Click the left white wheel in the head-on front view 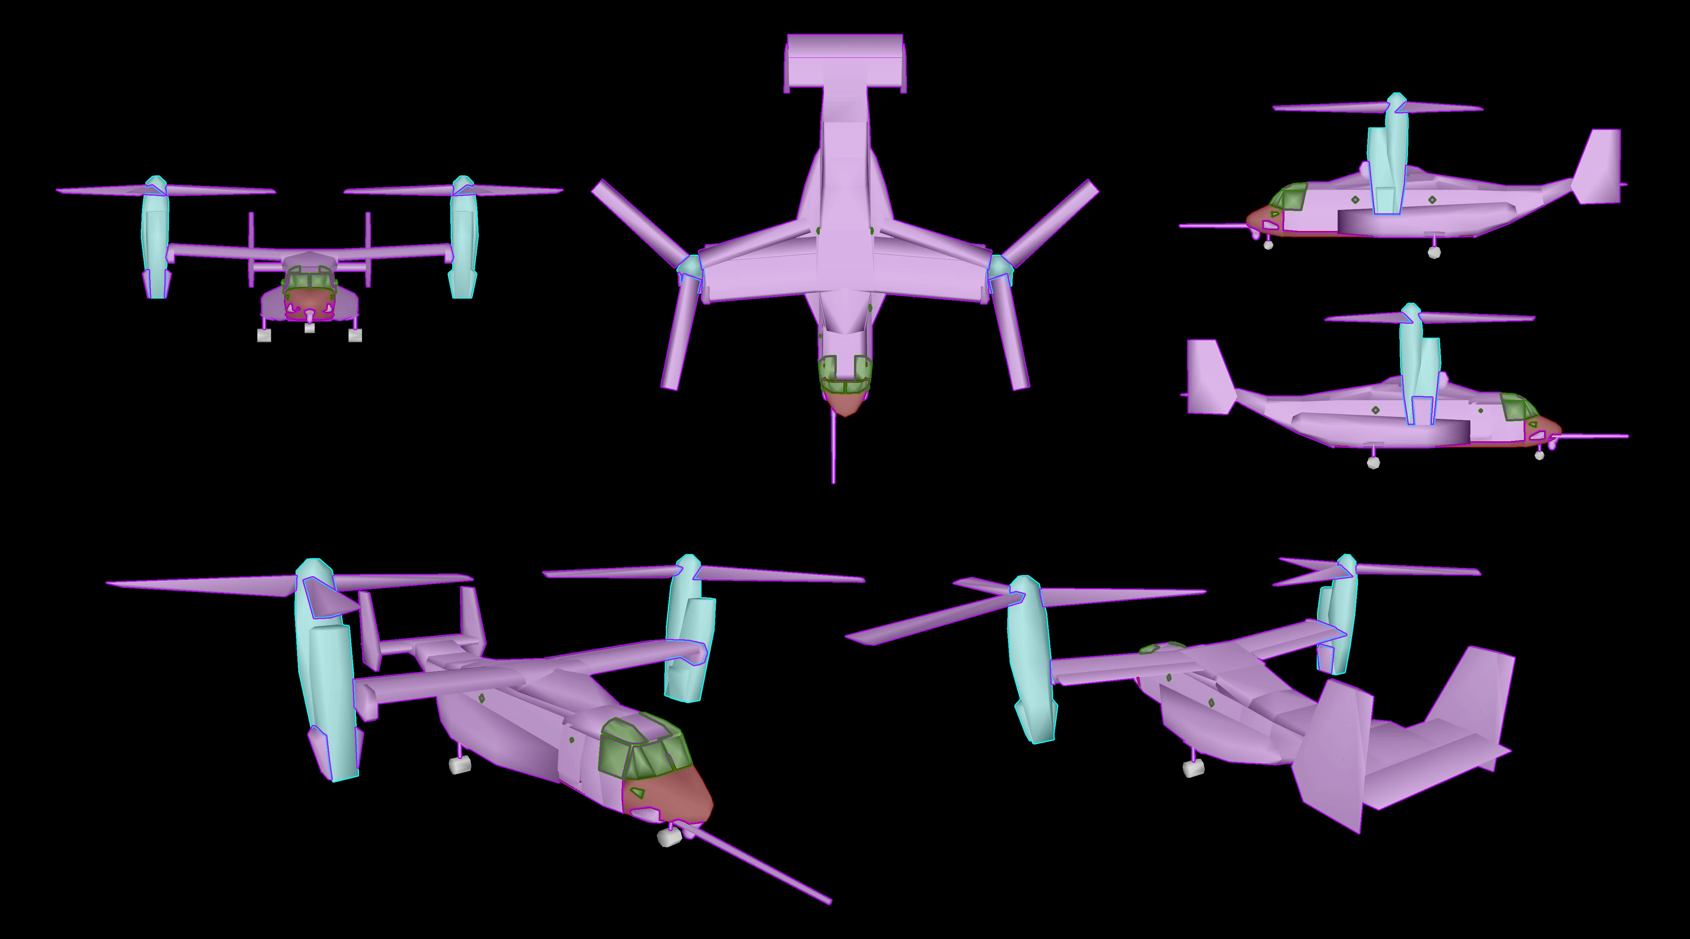point(264,335)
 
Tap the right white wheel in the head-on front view point(355,335)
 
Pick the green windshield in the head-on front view point(310,280)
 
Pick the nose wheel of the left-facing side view point(1268,245)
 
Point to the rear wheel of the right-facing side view point(1373,463)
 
